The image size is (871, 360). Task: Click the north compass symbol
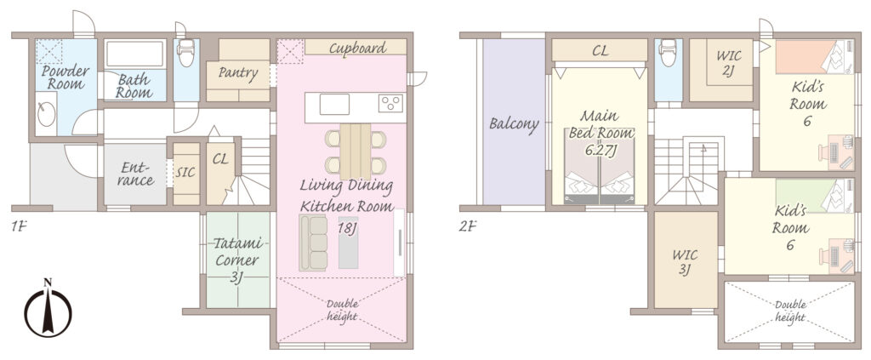48,308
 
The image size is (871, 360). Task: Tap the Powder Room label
65,77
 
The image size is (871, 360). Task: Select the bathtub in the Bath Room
134,54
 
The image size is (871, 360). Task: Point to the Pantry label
238,73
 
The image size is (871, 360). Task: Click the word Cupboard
357,48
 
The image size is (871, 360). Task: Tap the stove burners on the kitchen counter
390,103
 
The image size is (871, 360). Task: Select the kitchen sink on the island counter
334,105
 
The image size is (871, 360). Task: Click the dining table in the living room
355,144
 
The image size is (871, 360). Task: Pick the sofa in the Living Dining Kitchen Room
313,243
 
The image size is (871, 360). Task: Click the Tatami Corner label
236,260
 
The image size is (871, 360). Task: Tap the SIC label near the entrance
185,173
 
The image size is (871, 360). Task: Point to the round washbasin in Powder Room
46,115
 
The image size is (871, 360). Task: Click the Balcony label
513,124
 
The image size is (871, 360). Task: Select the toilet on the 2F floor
669,52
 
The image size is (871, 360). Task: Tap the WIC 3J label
685,263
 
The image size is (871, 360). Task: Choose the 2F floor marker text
468,226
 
